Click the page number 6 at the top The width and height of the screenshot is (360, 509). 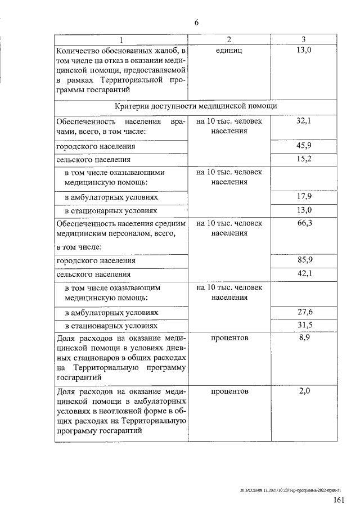tap(196, 22)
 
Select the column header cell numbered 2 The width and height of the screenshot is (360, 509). tap(229, 39)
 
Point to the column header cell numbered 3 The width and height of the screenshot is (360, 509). tap(303, 39)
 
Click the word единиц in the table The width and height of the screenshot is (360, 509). tap(228, 52)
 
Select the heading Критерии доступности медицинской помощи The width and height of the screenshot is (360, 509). tap(195, 106)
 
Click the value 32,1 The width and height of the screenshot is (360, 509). tap(303, 121)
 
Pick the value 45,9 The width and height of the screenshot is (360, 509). tap(303, 146)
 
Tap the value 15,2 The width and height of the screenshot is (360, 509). tap(303, 159)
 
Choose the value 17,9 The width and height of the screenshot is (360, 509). tap(303, 197)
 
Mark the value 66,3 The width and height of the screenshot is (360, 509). tap(303, 223)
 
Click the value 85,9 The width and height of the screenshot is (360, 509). tap(303, 261)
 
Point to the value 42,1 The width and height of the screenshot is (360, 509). tap(303, 274)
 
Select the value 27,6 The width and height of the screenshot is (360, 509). tap(303, 312)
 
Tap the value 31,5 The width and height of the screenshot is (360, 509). tap(303, 325)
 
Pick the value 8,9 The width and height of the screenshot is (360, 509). tap(303, 338)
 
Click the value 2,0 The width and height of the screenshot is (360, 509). tap(303, 391)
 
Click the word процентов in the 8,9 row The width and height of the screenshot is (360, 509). tap(229, 338)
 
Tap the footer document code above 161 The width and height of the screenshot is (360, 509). tap(290, 490)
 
